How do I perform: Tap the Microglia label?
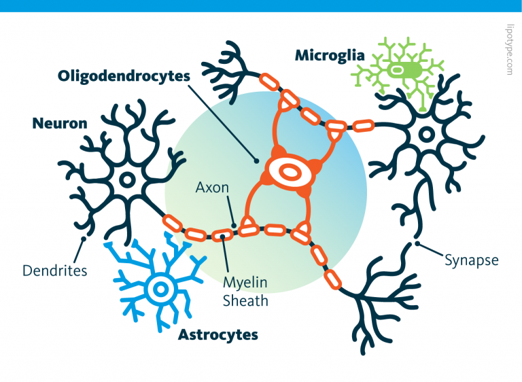coord(330,55)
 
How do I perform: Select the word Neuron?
coord(60,123)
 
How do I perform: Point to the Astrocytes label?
coord(217,334)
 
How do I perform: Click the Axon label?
coord(211,186)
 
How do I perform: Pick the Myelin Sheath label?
coord(245,291)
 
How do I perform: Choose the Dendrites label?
coord(54,271)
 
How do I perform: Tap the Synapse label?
coord(472,260)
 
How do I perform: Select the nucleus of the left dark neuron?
coord(126,180)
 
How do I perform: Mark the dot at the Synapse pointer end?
coord(416,244)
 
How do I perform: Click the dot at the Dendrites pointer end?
coord(84,239)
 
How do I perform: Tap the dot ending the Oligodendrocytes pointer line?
coord(256,161)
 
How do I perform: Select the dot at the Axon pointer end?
coord(233,225)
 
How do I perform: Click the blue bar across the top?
coord(261,5)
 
